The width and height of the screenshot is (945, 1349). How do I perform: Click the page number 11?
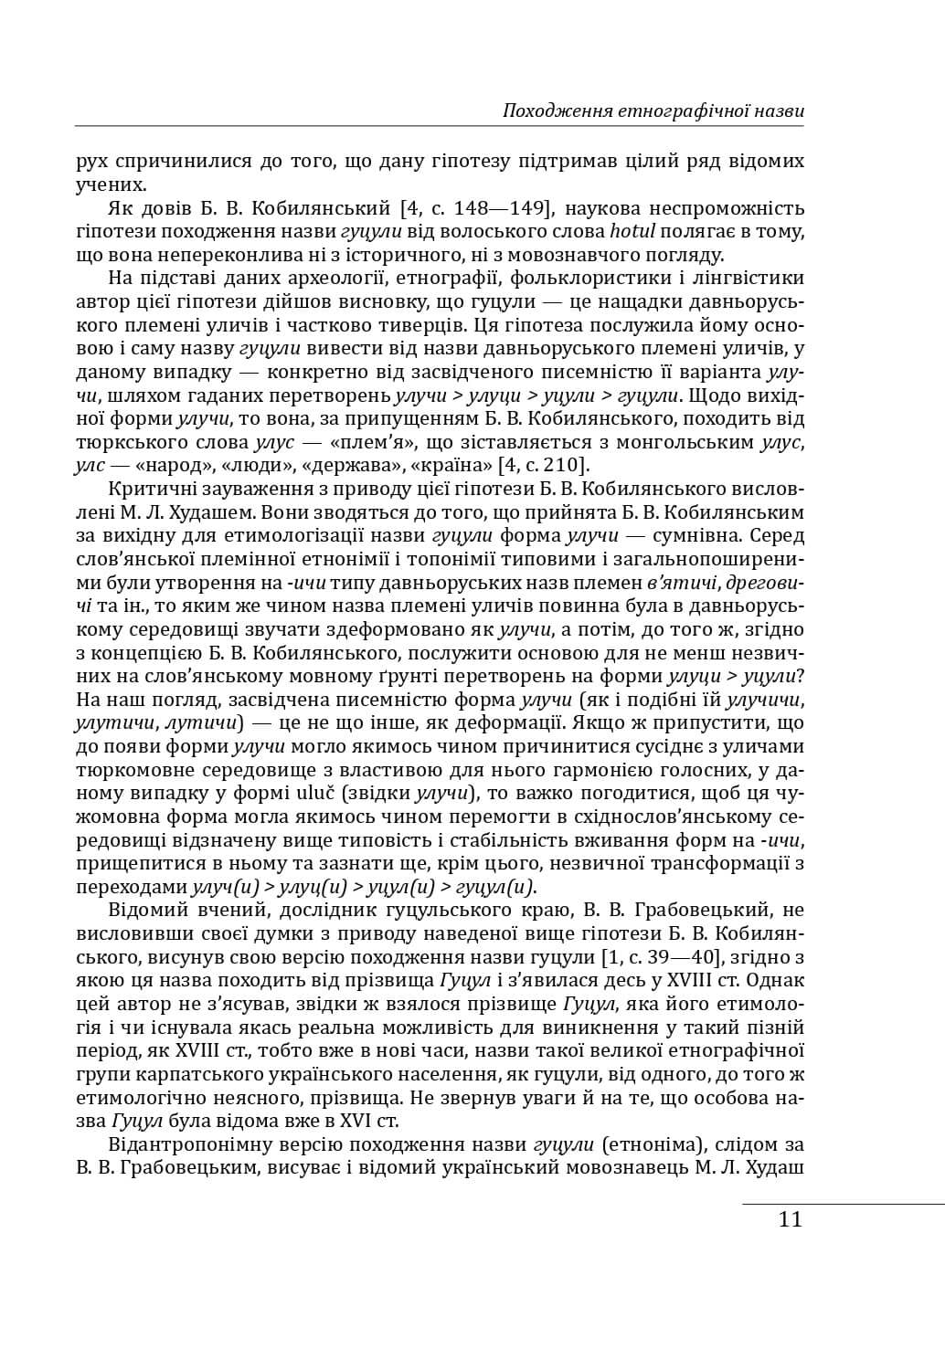point(791,1219)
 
